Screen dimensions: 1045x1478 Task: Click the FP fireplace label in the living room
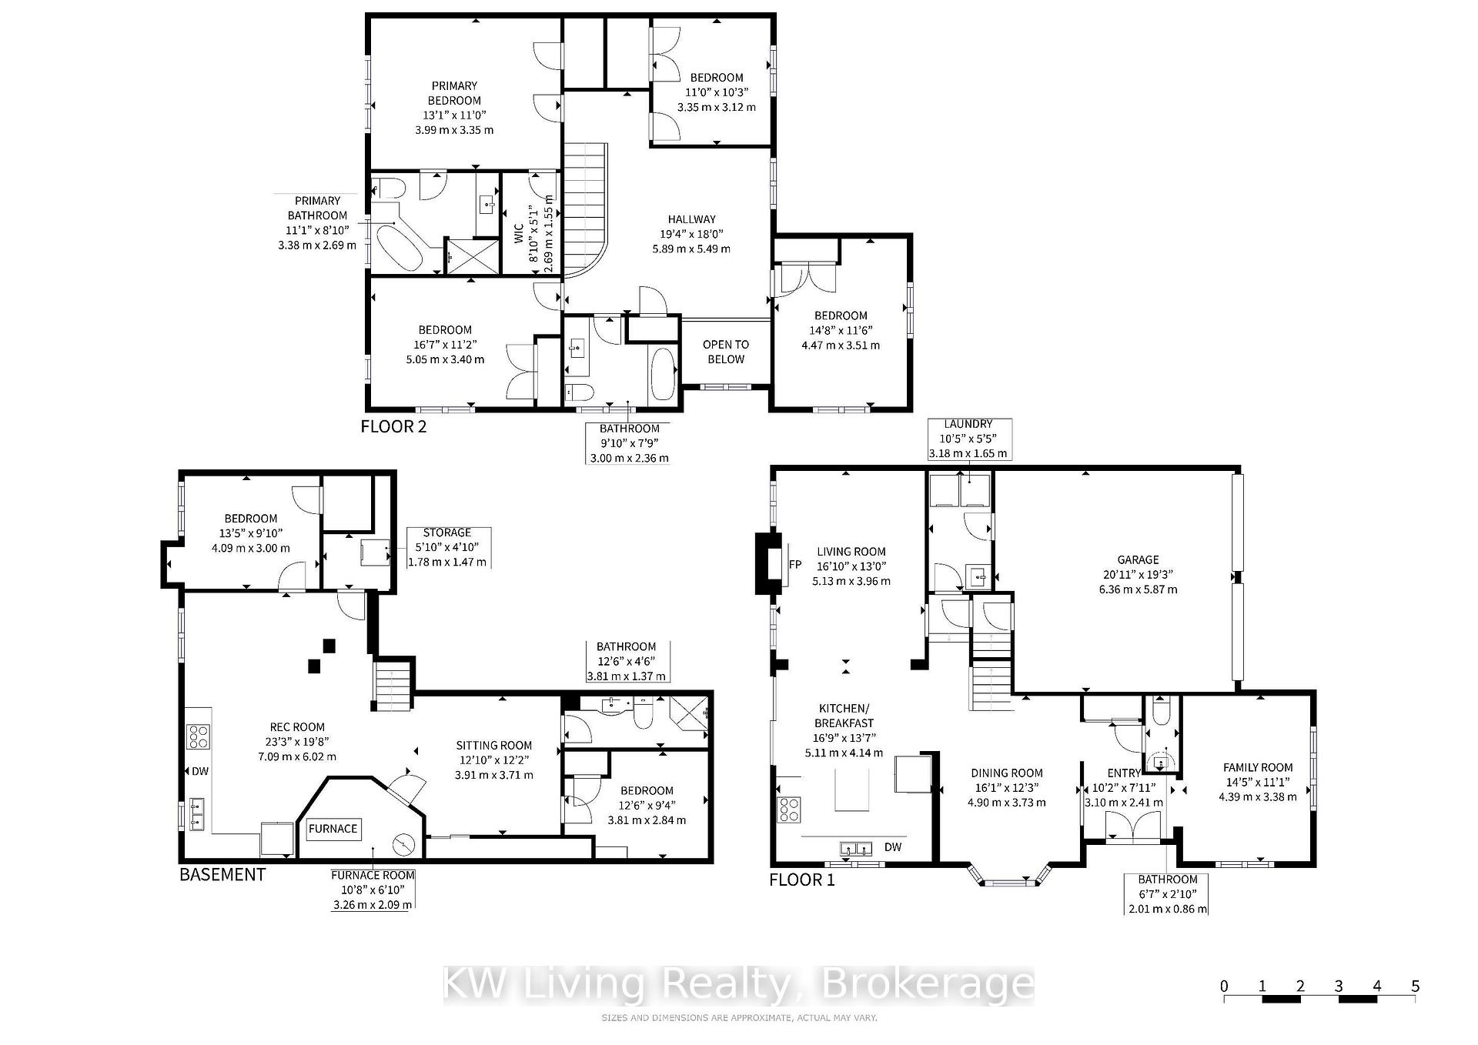coord(795,565)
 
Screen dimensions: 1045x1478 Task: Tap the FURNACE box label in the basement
coord(333,829)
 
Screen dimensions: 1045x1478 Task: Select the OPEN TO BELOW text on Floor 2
coord(725,352)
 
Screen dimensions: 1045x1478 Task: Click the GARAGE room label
coord(1138,559)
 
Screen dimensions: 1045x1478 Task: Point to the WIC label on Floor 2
coord(518,234)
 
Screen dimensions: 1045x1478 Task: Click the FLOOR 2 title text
coord(393,426)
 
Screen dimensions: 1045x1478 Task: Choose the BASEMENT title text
coord(222,875)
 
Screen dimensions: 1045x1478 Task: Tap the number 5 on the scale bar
coord(1415,987)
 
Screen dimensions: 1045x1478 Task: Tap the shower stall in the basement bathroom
coord(688,712)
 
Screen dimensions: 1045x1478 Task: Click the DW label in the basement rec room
coord(200,771)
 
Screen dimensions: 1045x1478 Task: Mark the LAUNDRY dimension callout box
coord(969,439)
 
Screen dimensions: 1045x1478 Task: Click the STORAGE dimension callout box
coord(447,547)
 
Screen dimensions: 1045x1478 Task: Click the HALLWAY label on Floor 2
coord(691,219)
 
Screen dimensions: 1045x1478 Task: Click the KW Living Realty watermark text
coord(738,986)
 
